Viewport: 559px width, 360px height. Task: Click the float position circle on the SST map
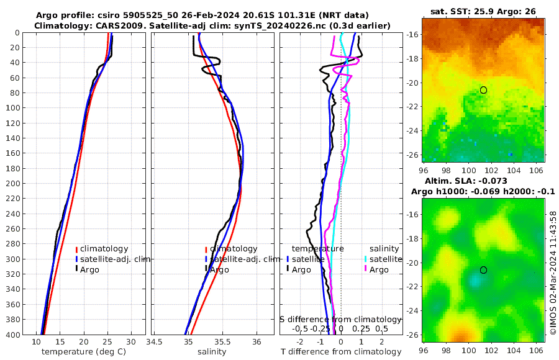[483, 90]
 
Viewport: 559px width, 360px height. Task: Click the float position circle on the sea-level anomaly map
[483, 270]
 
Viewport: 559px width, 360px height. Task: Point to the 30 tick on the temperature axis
[131, 341]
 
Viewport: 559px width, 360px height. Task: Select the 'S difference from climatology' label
[340, 318]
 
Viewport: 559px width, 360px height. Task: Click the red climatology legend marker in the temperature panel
[77, 249]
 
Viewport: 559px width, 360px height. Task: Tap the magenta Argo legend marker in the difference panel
[366, 269]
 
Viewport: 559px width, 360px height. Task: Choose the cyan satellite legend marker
[366, 259]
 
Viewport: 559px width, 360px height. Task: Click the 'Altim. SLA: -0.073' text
[483, 181]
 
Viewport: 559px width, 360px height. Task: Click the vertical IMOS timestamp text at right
[553, 273]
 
